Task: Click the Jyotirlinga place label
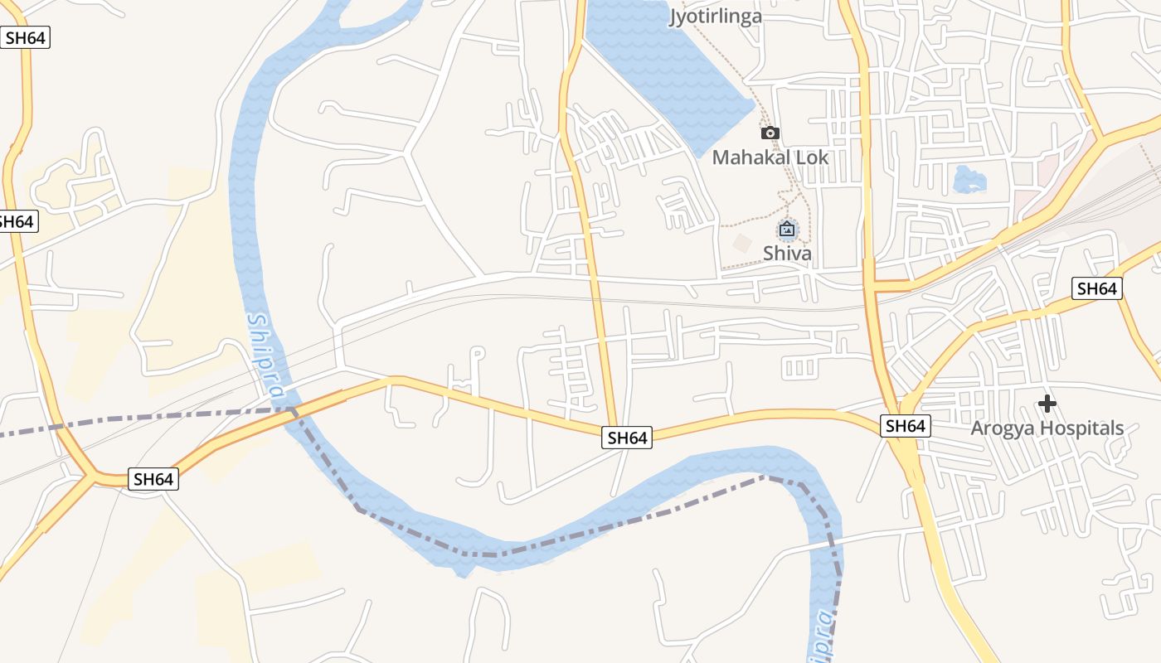click(x=715, y=16)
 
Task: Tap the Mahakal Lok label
click(x=770, y=157)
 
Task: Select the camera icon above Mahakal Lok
click(x=770, y=133)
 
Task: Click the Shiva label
click(x=787, y=253)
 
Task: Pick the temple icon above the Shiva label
click(x=787, y=229)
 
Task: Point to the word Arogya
click(x=1004, y=428)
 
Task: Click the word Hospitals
click(x=1083, y=428)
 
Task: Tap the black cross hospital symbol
click(x=1047, y=404)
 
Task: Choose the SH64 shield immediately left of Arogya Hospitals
click(x=905, y=426)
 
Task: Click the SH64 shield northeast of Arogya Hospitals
click(x=1096, y=288)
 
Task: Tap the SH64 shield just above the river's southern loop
click(x=627, y=438)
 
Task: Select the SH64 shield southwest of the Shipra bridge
click(x=153, y=479)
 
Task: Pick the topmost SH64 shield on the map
click(x=25, y=37)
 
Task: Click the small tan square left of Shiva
click(x=742, y=244)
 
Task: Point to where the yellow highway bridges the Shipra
click(x=290, y=408)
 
